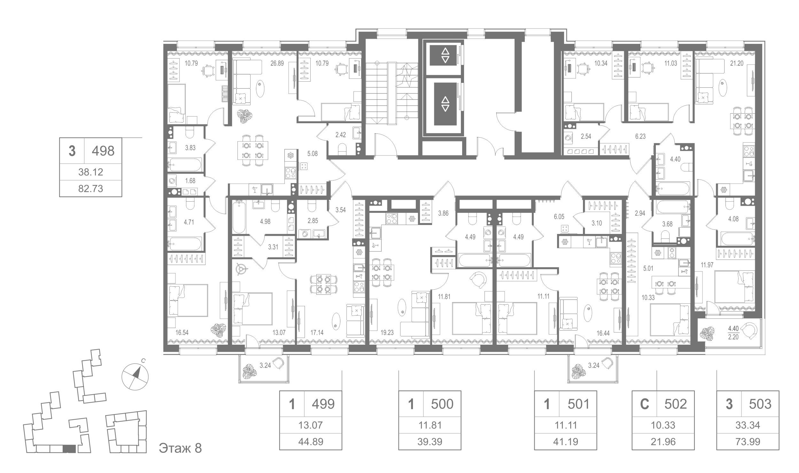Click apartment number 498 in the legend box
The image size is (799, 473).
pyautogui.click(x=103, y=151)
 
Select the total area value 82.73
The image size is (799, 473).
pyautogui.click(x=91, y=189)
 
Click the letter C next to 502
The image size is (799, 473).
pyautogui.click(x=645, y=404)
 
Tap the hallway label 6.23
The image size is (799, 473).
pyautogui.click(x=640, y=136)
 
